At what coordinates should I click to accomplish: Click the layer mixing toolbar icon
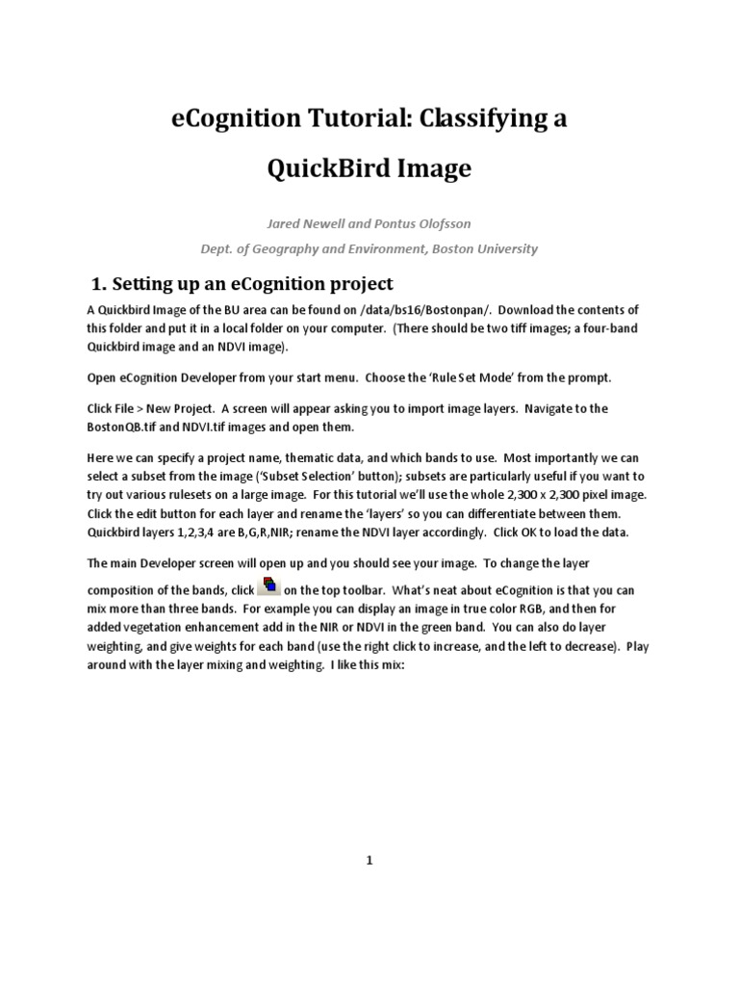coord(270,586)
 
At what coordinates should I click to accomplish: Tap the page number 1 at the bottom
coord(369,860)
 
